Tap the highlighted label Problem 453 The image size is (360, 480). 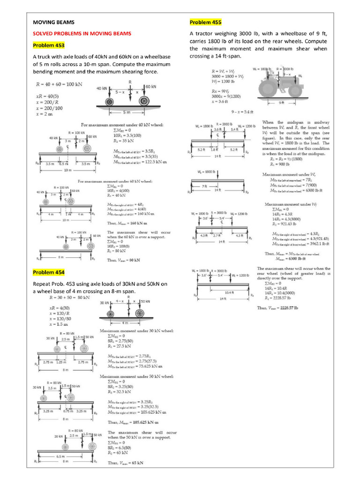pyautogui.click(x=49, y=45)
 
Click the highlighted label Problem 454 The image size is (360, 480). pyautogui.click(x=49, y=272)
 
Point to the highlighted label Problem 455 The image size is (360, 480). pyautogui.click(x=206, y=22)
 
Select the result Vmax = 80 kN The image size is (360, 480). pyautogui.click(x=125, y=260)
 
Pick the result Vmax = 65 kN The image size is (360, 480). pyautogui.click(x=125, y=463)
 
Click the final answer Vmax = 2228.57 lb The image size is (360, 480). pyautogui.click(x=281, y=308)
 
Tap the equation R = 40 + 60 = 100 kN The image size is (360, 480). pyautogui.click(x=59, y=84)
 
